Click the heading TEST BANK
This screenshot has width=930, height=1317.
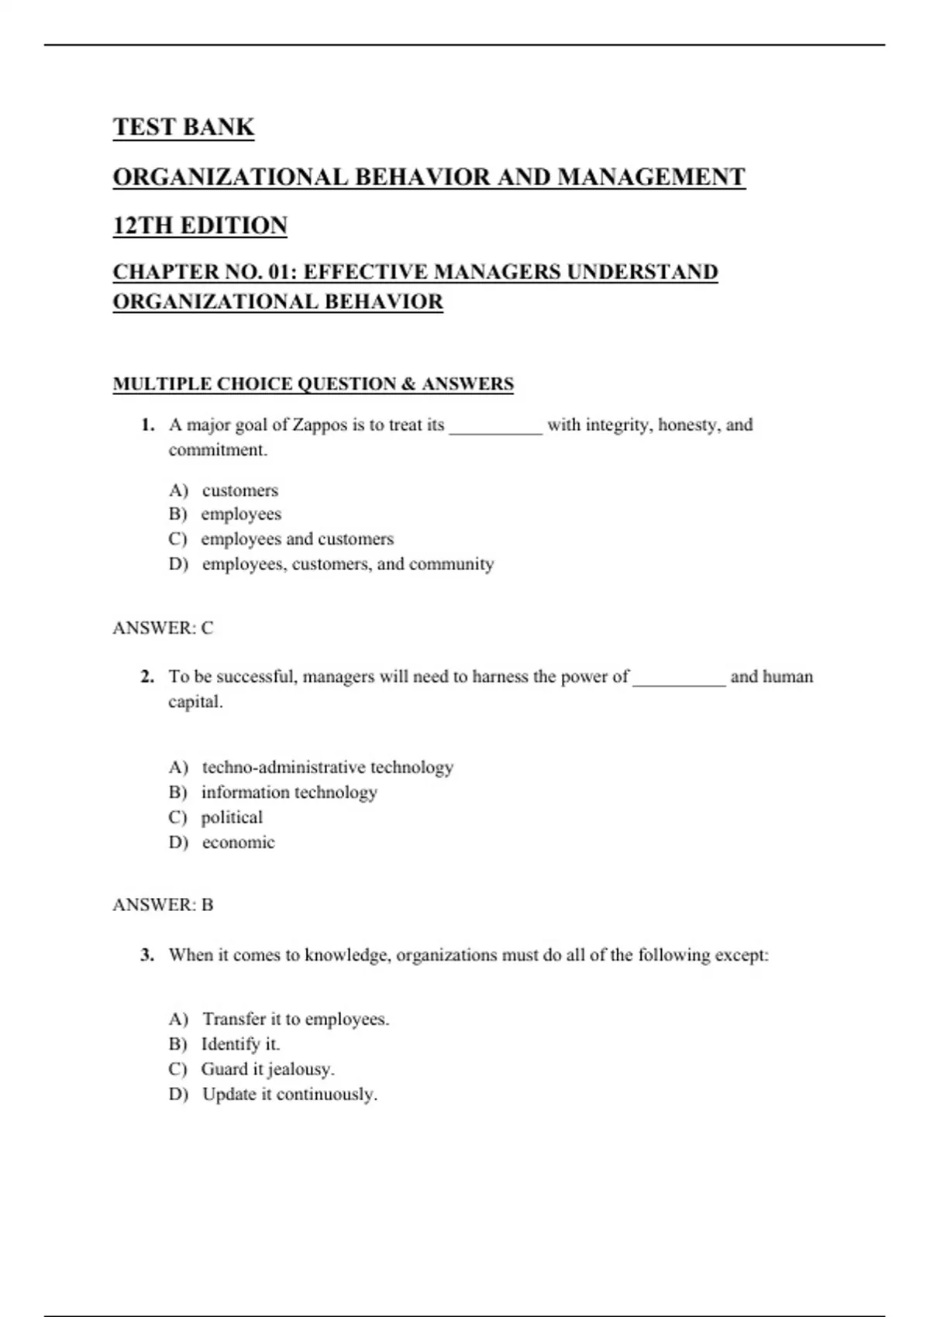184,127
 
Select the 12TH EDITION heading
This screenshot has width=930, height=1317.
200,225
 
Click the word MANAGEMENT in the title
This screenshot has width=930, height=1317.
651,177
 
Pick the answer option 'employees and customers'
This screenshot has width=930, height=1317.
297,539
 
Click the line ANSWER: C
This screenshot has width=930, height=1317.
163,628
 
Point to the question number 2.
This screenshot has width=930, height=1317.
147,677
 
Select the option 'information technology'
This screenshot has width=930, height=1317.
289,793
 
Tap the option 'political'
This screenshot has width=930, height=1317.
232,817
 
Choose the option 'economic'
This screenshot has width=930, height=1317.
238,843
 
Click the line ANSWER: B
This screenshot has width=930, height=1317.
163,905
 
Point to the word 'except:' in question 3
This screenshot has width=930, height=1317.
742,955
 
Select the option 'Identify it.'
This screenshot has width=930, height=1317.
240,1044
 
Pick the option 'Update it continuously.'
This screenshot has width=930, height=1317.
289,1095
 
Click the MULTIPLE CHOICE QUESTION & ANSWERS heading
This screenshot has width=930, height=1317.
313,384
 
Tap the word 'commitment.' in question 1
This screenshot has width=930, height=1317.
218,450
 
